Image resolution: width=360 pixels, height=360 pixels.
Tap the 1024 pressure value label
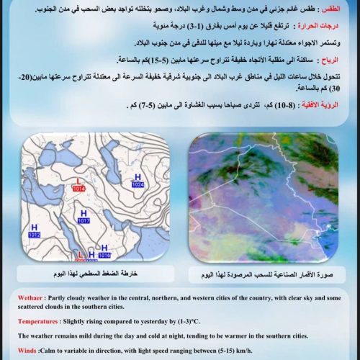coord(138,185)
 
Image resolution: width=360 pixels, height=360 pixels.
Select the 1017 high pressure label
coord(84,221)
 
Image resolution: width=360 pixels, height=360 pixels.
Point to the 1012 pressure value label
coord(34,235)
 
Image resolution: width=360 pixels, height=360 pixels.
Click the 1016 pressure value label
coord(104,255)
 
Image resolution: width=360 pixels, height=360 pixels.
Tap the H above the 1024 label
coord(138,177)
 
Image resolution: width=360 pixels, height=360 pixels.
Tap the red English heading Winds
coord(27,351)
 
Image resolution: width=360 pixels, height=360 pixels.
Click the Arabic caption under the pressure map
coord(90,275)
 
